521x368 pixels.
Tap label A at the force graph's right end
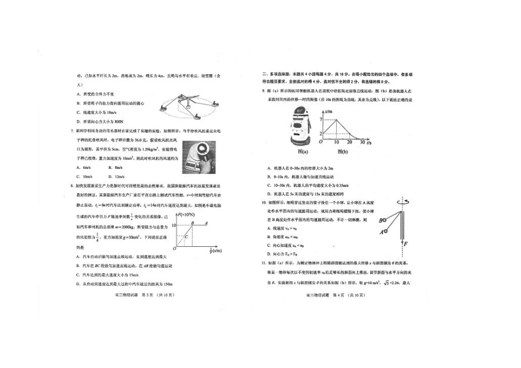click(206, 223)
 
